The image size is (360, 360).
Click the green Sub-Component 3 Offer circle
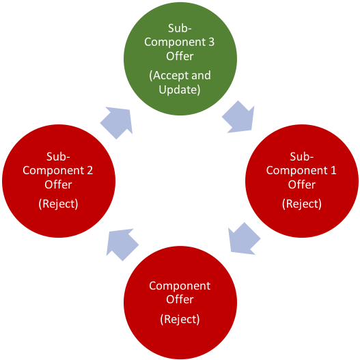tap(180, 58)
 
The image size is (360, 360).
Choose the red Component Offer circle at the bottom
tap(180, 301)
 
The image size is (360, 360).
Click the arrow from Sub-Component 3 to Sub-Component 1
tap(238, 117)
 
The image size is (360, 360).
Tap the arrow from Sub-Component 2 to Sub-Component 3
tap(117, 122)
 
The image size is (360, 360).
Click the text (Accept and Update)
tap(180, 83)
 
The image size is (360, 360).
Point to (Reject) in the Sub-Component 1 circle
tap(301, 203)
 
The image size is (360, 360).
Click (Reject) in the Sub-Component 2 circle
tap(58, 203)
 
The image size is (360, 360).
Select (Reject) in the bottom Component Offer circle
tap(180, 319)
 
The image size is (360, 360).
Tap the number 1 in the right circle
tap(333, 171)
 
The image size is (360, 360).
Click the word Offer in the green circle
tap(180, 55)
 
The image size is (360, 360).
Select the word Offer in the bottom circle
tap(180, 299)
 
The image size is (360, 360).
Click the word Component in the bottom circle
tap(180, 286)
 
